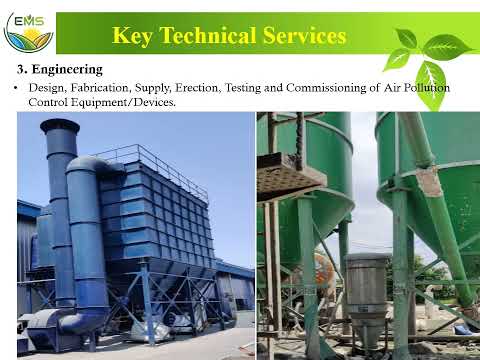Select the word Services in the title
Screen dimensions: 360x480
[x=305, y=35]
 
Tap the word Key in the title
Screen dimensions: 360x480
[x=134, y=35]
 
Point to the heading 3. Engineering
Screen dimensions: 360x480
[x=60, y=69]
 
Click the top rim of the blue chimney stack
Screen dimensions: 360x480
[x=59, y=124]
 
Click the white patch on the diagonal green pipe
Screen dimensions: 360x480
[x=429, y=180]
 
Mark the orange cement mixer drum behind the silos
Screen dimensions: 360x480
[x=325, y=270]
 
